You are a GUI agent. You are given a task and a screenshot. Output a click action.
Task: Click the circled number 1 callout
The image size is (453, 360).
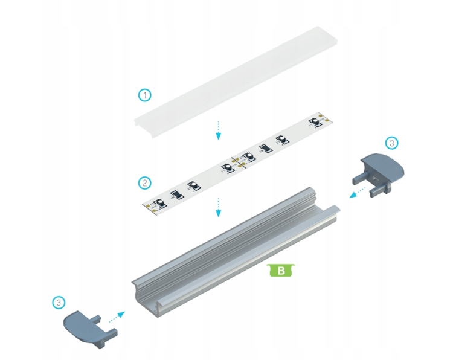(144, 94)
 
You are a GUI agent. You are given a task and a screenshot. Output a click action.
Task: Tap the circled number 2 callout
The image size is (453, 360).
(144, 181)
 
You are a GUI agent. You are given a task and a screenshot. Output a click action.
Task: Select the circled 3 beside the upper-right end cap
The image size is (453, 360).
(391, 143)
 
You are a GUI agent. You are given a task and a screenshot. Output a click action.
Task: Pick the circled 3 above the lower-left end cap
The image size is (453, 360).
(58, 302)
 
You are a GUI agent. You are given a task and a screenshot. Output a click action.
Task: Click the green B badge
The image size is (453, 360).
(281, 270)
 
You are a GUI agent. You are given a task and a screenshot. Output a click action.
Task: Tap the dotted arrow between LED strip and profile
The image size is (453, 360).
(219, 207)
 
